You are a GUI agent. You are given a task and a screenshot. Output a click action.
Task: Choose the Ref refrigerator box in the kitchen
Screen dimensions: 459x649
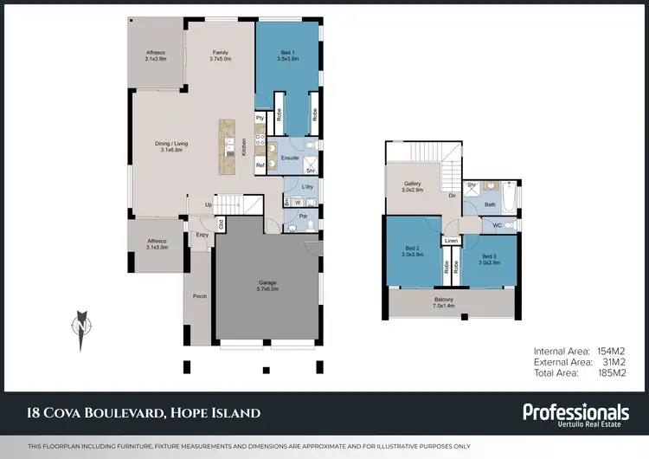pos(260,165)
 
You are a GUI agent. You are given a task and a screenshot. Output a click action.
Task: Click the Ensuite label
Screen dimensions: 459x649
pos(291,158)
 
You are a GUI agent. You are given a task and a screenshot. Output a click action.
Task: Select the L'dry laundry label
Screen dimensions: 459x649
pos(306,187)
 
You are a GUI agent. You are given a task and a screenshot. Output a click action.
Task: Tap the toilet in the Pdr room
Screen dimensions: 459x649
pos(292,227)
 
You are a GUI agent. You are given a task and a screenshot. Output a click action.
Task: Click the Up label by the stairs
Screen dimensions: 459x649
pos(208,204)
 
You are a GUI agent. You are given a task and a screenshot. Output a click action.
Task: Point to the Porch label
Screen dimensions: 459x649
pos(199,296)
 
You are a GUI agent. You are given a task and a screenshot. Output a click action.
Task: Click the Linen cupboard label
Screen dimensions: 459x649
pos(451,241)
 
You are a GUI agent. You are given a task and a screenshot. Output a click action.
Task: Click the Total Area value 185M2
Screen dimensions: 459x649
pos(612,372)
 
